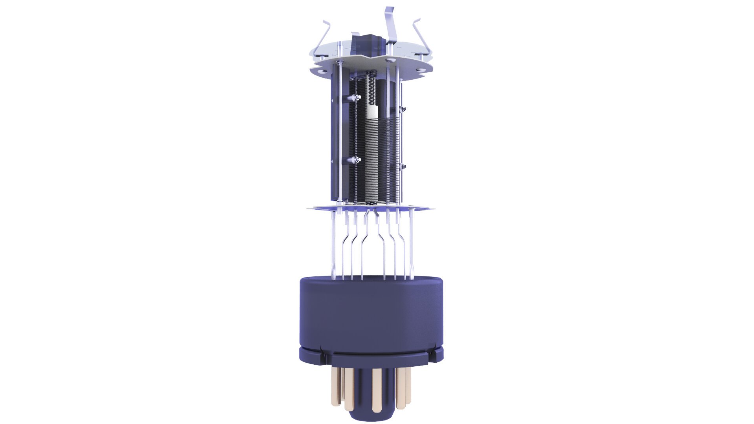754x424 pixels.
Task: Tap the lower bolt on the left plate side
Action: pyautogui.click(x=82, y=160)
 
